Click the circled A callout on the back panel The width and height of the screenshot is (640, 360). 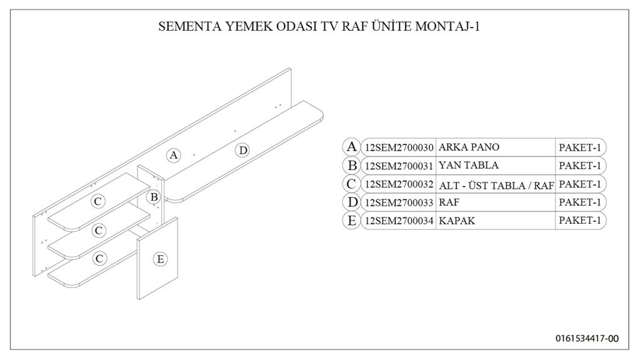(174, 155)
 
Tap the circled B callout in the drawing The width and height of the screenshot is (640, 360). (154, 197)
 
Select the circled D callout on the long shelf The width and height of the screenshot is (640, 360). (243, 151)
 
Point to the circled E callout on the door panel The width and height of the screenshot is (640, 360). (161, 259)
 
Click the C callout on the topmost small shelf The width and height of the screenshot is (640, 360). (98, 201)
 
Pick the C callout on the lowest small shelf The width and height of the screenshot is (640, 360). (99, 258)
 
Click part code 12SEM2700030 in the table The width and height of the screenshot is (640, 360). (399, 147)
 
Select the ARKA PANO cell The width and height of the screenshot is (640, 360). (469, 147)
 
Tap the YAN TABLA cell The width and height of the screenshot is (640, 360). (469, 165)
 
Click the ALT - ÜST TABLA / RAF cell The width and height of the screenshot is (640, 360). (496, 186)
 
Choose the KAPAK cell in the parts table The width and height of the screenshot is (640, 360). (457, 221)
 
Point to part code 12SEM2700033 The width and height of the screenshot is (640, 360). (399, 202)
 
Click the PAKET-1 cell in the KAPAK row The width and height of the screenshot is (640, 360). (580, 221)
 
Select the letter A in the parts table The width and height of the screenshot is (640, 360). (351, 146)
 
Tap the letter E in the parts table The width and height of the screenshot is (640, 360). (351, 221)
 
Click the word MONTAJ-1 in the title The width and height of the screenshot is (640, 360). (447, 26)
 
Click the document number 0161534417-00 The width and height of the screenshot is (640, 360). (587, 338)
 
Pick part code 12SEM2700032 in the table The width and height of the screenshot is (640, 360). (399, 184)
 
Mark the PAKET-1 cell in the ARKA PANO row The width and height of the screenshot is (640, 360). (580, 147)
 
